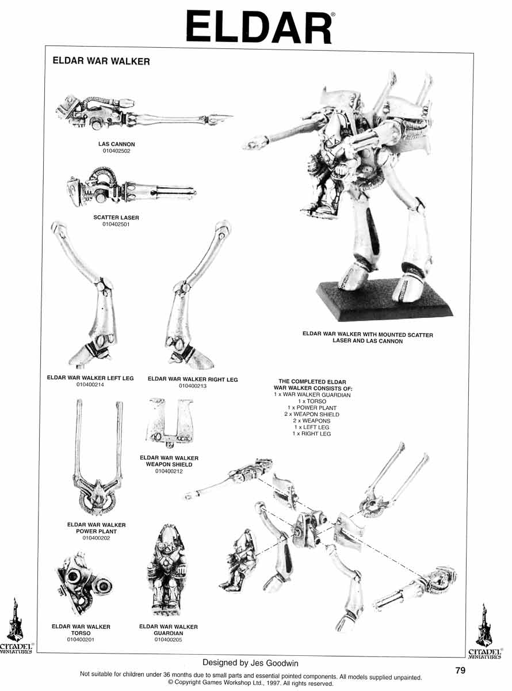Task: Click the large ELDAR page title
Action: [259, 28]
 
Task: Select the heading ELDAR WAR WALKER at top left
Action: [101, 61]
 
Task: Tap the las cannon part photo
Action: [143, 113]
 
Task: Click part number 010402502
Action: [116, 151]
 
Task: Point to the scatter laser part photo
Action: [131, 188]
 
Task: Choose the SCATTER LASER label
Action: [116, 218]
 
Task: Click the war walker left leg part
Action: [85, 295]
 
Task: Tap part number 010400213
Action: [193, 386]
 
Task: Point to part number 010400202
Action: [96, 538]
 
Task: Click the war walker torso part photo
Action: [85, 584]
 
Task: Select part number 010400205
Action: [168, 640]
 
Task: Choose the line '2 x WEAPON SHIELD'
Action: [312, 415]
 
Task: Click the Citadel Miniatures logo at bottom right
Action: [484, 632]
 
